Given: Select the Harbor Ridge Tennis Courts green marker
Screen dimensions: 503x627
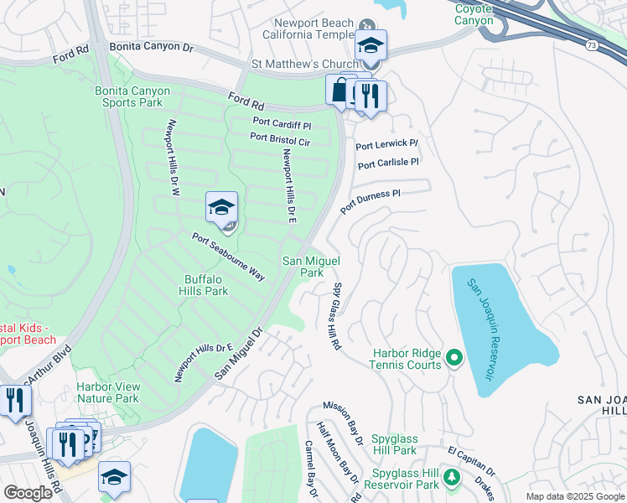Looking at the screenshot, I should coord(454,359).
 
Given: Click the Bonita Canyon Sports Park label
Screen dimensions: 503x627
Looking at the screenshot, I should coord(132,96).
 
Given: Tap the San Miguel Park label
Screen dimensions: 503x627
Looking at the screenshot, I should coord(312,267).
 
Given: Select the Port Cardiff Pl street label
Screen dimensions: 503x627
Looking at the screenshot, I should coord(282,122).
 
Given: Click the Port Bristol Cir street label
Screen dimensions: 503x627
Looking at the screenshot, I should coord(279,139).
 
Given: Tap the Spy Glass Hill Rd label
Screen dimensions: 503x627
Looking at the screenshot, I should coord(330,314).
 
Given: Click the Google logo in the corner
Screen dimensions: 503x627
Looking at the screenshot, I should coord(28,492).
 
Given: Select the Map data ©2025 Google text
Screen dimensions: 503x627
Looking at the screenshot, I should coord(574,496).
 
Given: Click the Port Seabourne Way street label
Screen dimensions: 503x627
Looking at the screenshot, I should coord(228,257).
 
